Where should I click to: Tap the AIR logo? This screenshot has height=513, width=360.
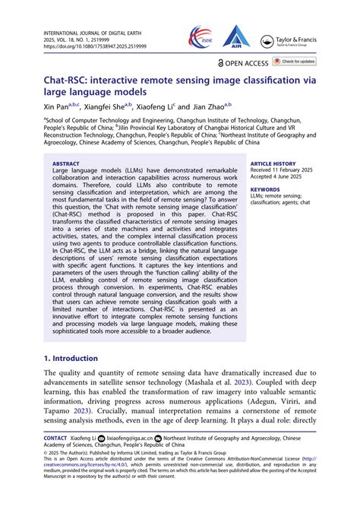[x=236, y=34]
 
